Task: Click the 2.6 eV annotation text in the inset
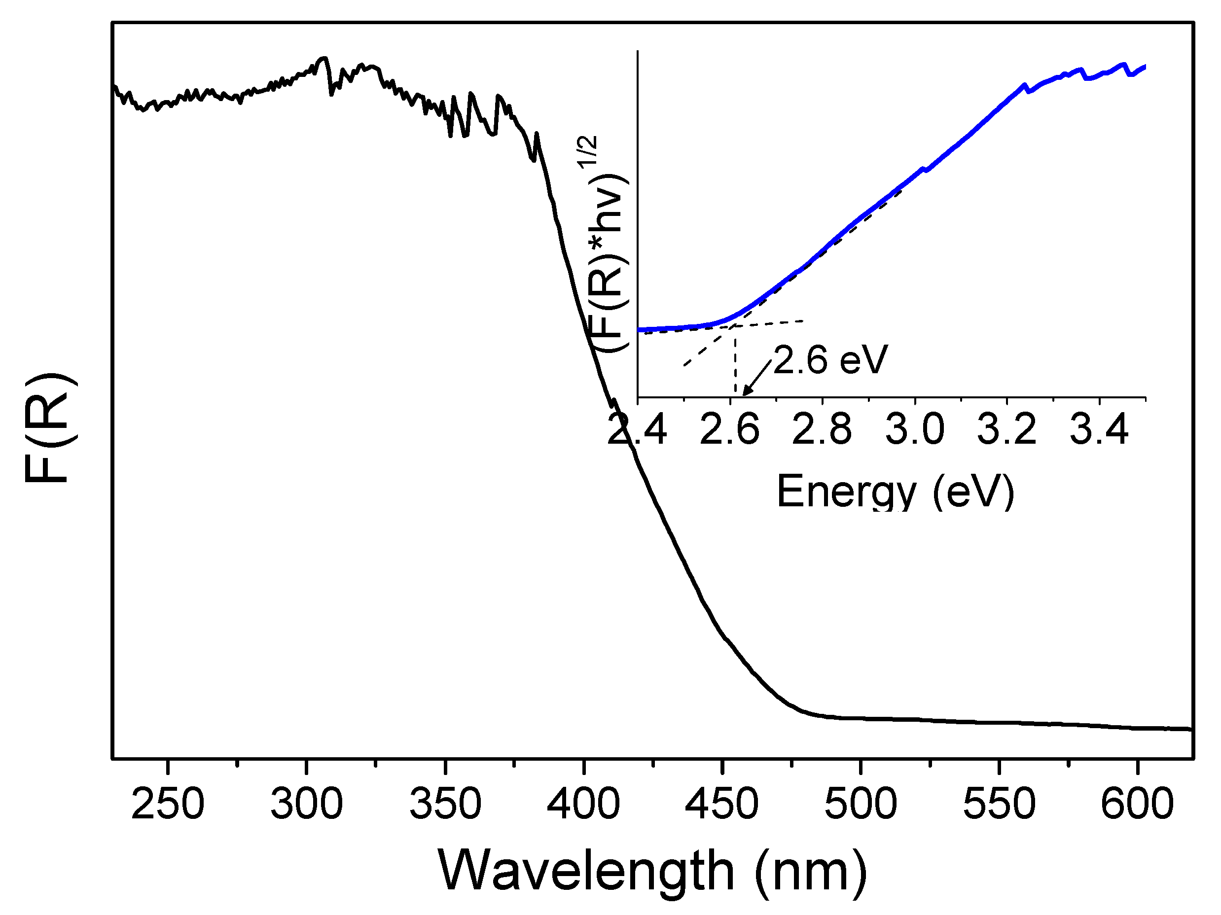(x=830, y=360)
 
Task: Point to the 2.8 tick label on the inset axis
(x=822, y=429)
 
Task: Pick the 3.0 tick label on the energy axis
(x=915, y=429)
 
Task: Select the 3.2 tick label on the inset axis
(x=1007, y=429)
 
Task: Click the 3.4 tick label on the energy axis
(x=1100, y=429)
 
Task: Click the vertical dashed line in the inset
(x=735, y=364)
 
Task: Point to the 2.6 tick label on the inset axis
(x=730, y=429)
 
